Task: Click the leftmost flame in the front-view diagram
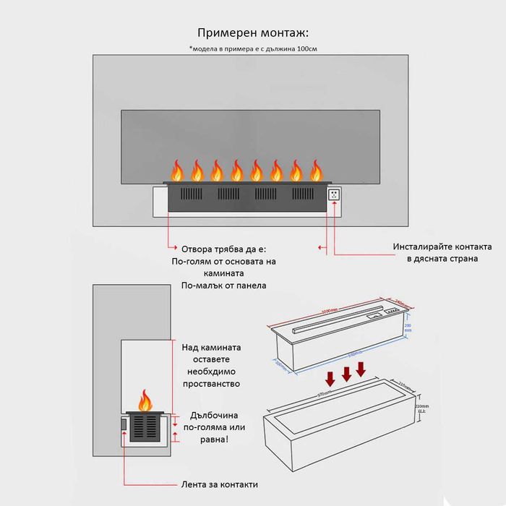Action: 176,170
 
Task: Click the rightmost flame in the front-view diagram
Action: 316,170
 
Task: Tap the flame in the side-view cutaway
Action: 146,399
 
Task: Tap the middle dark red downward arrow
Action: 346,373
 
